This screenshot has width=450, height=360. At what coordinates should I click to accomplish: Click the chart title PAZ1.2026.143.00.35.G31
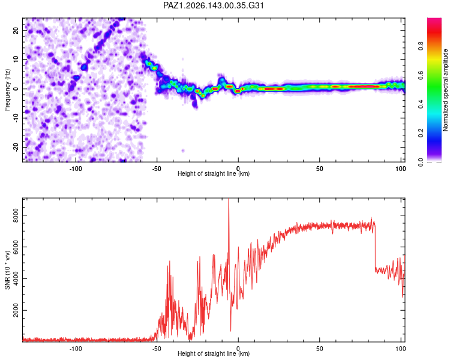(x=213, y=5)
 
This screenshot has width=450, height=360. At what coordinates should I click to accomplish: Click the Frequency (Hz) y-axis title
(x=7, y=90)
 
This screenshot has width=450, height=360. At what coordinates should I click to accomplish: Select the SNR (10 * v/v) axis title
(x=7, y=270)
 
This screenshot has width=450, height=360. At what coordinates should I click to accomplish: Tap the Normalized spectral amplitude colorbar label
(x=445, y=90)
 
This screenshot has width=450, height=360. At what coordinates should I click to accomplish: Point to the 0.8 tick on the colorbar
(x=421, y=46)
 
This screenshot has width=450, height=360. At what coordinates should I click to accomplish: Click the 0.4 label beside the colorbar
(x=421, y=104)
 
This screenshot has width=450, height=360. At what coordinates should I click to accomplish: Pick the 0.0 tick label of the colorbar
(x=421, y=162)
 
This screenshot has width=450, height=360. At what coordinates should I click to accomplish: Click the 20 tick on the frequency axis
(x=16, y=31)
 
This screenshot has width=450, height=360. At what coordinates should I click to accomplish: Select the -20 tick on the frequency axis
(x=16, y=148)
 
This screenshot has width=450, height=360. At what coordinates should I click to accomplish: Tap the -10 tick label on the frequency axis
(x=16, y=118)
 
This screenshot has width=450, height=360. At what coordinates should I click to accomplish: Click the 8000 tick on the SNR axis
(x=16, y=215)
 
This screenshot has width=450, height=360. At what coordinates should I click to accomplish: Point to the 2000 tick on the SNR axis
(x=16, y=310)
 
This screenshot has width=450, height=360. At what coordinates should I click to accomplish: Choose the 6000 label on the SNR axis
(x=16, y=247)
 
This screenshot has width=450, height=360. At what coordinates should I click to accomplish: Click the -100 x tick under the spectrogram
(x=76, y=169)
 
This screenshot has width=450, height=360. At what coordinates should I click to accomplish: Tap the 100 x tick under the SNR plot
(x=401, y=349)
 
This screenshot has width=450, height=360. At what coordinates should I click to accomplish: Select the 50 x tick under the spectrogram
(x=319, y=169)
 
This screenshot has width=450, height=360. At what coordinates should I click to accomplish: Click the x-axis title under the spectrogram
(x=214, y=173)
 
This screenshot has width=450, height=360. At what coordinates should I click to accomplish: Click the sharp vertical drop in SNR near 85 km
(x=375, y=247)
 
